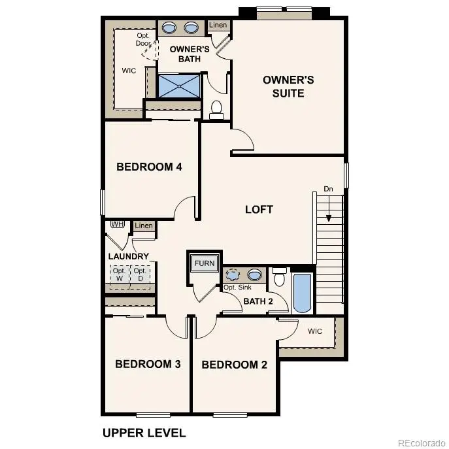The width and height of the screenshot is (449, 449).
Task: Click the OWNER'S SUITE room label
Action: coord(288,86)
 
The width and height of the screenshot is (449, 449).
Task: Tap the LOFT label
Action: coord(259,210)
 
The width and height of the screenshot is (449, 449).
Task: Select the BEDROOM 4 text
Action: coord(149,167)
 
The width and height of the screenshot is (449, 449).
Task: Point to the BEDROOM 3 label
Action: coord(148,364)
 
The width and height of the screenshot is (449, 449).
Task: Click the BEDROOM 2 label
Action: coord(234,365)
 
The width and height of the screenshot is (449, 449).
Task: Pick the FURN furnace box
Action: coord(204,264)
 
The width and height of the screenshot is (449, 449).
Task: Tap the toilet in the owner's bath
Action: coord(217,110)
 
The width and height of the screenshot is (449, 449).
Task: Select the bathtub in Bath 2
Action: coord(302,292)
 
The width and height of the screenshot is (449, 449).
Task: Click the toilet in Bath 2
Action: coord(279,277)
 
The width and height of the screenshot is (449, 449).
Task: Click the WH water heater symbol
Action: coord(118,224)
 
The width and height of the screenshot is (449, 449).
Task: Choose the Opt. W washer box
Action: coord(119,275)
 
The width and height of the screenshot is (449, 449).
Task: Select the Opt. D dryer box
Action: coord(140,275)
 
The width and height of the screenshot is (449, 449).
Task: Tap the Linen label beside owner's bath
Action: coord(218,25)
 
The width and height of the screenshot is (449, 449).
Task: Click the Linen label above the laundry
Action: coord(144,226)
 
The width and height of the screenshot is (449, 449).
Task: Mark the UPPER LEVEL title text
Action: coord(144,433)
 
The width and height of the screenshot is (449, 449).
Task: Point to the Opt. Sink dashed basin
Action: coord(233,274)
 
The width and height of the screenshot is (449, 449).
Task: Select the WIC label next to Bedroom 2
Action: coord(315,331)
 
